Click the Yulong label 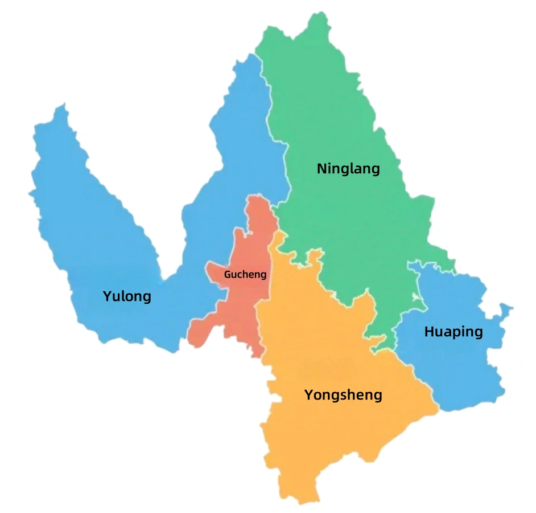(x=127, y=296)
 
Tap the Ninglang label (x=348, y=169)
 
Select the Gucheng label (x=245, y=274)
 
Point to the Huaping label (x=453, y=332)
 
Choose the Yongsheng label (x=343, y=395)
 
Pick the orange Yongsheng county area (x=319, y=353)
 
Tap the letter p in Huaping (x=455, y=333)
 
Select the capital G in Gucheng (x=228, y=274)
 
